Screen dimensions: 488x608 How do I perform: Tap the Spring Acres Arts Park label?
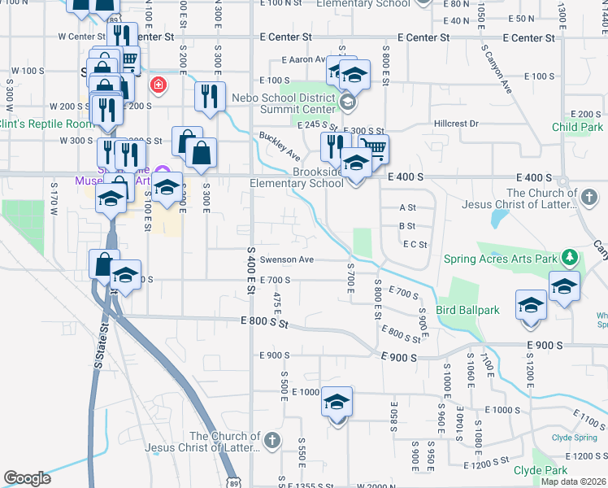click(501, 259)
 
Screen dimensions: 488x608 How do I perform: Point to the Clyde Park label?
click(540, 470)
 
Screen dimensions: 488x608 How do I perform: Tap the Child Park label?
click(577, 127)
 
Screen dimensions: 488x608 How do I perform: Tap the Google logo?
click(27, 478)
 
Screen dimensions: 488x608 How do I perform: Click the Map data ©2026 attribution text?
click(573, 481)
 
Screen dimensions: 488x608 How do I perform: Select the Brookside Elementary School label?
click(297, 177)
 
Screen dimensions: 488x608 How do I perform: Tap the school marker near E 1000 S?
click(337, 403)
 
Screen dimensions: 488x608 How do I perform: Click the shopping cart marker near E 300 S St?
click(373, 149)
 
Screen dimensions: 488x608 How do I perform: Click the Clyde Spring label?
click(575, 437)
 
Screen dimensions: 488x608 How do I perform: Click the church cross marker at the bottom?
click(271, 440)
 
